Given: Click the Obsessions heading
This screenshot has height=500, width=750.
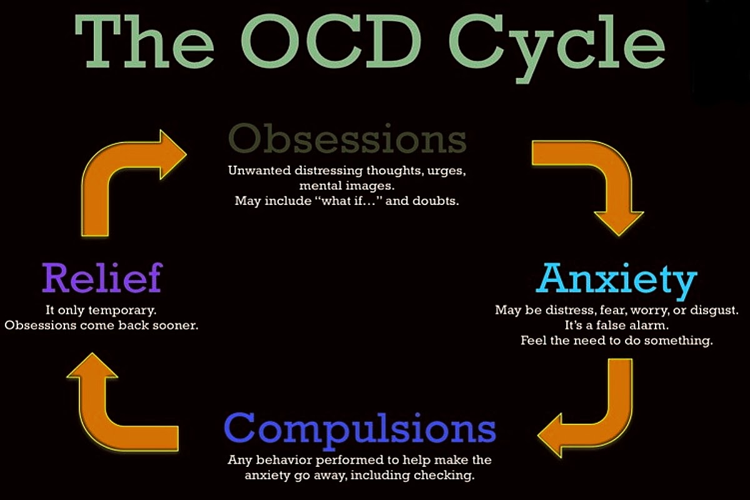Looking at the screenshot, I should click(347, 139).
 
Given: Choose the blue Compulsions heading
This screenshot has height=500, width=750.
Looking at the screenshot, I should click(360, 429).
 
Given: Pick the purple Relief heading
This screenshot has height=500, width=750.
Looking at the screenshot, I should click(102, 278).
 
